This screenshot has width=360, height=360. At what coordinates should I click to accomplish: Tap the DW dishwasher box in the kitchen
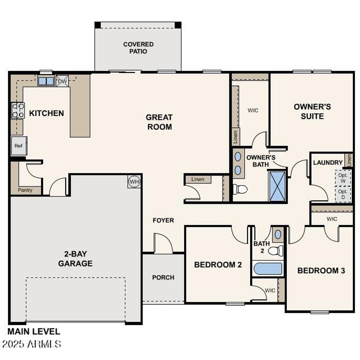pyautogui.click(x=62, y=81)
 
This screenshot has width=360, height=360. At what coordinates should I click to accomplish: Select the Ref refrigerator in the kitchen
pyautogui.click(x=19, y=146)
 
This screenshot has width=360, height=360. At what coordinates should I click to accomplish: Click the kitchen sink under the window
pyautogui.click(x=46, y=81)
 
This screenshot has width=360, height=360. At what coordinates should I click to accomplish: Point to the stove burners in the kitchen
pyautogui.click(x=18, y=110)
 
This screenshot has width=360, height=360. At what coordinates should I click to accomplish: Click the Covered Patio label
pyautogui.click(x=138, y=48)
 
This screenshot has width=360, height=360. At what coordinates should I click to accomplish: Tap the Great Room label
pyautogui.click(x=159, y=122)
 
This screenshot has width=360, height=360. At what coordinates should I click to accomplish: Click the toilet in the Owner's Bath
pyautogui.click(x=240, y=189)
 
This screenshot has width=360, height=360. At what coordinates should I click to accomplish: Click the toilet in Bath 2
pyautogui.click(x=276, y=251)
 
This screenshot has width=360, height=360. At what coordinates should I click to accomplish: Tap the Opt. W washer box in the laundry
pyautogui.click(x=342, y=178)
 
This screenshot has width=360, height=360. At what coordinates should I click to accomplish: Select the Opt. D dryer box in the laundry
pyautogui.click(x=342, y=194)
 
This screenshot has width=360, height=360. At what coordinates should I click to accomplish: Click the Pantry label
pyautogui.click(x=25, y=190)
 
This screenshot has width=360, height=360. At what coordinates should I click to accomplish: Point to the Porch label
pyautogui.click(x=163, y=277)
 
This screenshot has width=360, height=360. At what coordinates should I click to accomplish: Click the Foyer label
pyautogui.click(x=163, y=220)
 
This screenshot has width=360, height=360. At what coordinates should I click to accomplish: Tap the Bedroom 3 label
pyautogui.click(x=321, y=271)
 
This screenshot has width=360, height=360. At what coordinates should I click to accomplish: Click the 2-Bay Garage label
pyautogui.click(x=75, y=258)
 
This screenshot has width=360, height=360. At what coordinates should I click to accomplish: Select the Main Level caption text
pyautogui.click(x=34, y=331)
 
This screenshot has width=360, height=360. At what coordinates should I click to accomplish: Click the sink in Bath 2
pyautogui.click(x=278, y=234)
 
